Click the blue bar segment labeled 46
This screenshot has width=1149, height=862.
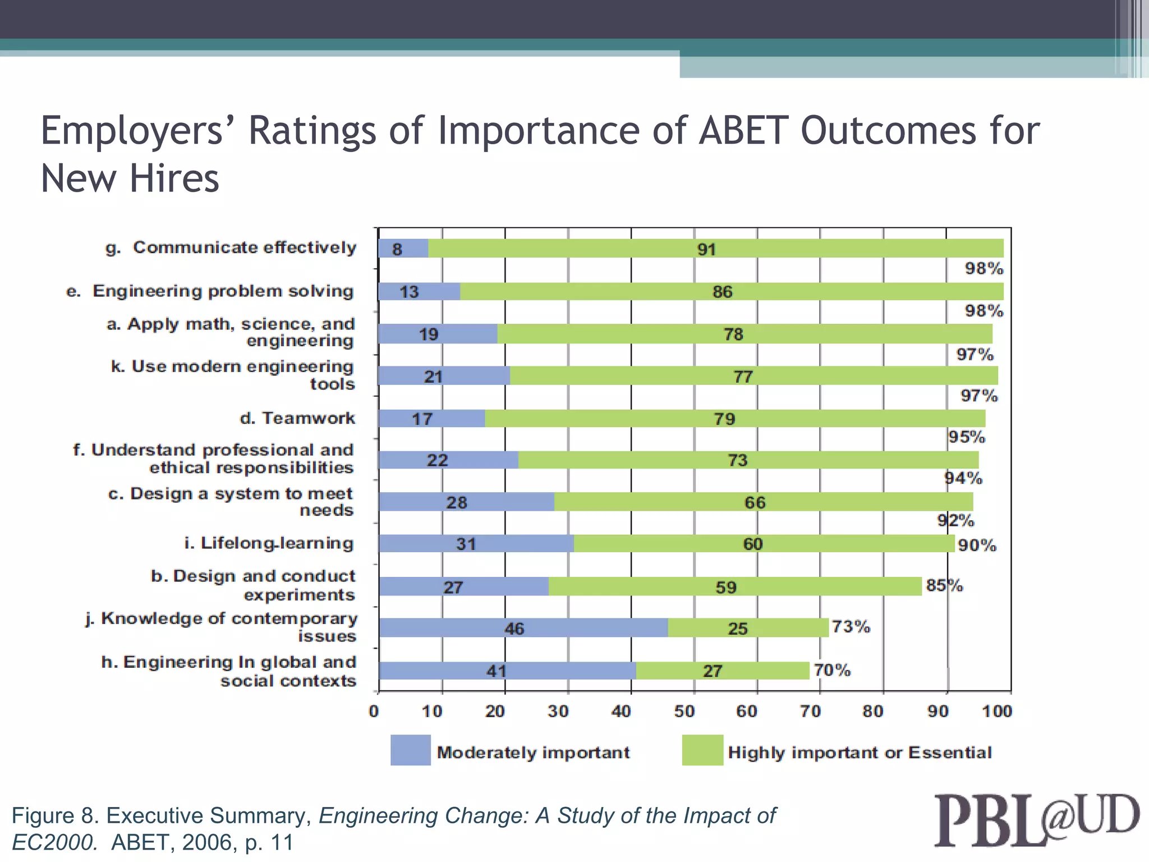click(x=523, y=628)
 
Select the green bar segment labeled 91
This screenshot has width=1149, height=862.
click(x=715, y=249)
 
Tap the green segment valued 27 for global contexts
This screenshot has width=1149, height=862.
click(x=723, y=671)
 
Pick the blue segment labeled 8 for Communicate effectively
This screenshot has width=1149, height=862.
click(x=403, y=249)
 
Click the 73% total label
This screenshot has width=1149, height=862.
click(x=851, y=626)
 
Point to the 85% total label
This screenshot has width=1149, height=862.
click(x=944, y=585)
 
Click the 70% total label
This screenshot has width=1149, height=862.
click(x=832, y=670)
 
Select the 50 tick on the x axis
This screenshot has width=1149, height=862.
click(x=684, y=712)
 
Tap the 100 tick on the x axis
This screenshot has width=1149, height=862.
click(x=996, y=712)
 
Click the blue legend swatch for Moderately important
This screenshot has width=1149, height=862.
click(x=411, y=750)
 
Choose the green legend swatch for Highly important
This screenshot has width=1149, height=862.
click(x=702, y=750)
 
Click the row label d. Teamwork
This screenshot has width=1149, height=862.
click(x=297, y=418)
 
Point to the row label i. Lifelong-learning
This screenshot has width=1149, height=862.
click(x=269, y=543)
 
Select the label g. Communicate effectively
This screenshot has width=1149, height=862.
click(x=231, y=247)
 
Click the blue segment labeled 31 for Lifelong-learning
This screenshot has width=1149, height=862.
click(x=476, y=544)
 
